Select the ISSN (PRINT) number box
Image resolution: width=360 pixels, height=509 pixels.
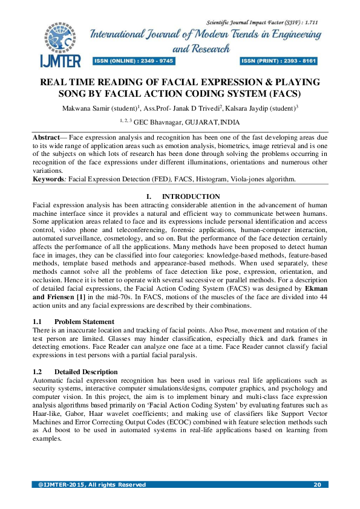pyautogui.click(x=279, y=61)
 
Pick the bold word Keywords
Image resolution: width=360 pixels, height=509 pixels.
pyautogui.click(x=48, y=180)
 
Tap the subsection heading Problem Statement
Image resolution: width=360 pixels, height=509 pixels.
pyautogui.click(x=83, y=322)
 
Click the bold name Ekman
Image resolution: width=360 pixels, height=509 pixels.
pyautogui.click(x=316, y=289)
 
